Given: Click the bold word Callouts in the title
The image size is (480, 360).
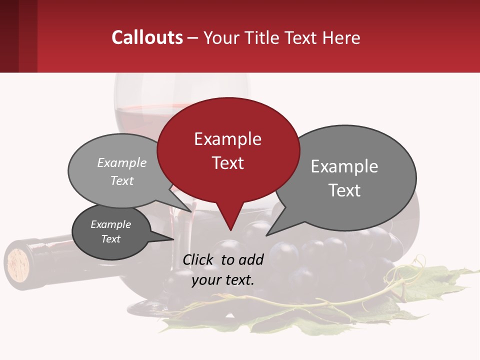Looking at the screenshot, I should click(x=147, y=37).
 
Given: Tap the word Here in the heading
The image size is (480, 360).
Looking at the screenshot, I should click(x=342, y=37).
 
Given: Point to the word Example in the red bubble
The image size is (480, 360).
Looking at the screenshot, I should click(x=228, y=139).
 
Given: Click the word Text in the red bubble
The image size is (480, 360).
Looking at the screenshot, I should click(x=228, y=163).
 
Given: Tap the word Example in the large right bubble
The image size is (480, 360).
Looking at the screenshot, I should click(x=344, y=166).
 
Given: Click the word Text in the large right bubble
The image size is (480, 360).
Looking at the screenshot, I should click(x=344, y=190).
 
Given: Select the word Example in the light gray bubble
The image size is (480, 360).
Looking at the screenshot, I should click(x=122, y=162).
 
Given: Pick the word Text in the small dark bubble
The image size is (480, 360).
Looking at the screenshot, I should click(x=111, y=239).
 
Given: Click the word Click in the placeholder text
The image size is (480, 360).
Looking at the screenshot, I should click(x=199, y=259).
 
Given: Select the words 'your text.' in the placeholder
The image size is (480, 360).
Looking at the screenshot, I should click(x=223, y=280).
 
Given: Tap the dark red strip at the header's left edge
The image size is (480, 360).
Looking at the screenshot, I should click(x=9, y=36).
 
